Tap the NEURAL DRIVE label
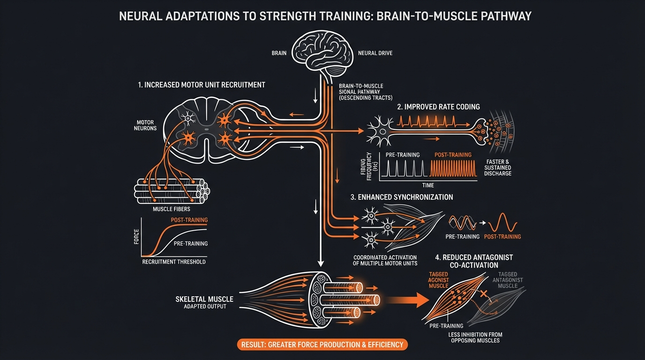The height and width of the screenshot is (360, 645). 375,53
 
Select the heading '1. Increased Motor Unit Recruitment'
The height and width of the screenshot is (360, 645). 202,85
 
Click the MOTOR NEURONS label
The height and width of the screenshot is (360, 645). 145,125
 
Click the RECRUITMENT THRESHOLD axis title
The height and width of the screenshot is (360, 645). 174,262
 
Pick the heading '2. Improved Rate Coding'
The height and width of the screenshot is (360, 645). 438,107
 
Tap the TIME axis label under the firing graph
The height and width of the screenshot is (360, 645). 428,185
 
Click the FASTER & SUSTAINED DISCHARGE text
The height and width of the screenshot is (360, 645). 498,167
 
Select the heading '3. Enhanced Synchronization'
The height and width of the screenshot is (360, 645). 402,197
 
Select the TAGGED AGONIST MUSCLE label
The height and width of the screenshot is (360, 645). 438,280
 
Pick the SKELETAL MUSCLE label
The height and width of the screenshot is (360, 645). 204,299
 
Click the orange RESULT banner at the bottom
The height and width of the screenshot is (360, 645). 322,345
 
